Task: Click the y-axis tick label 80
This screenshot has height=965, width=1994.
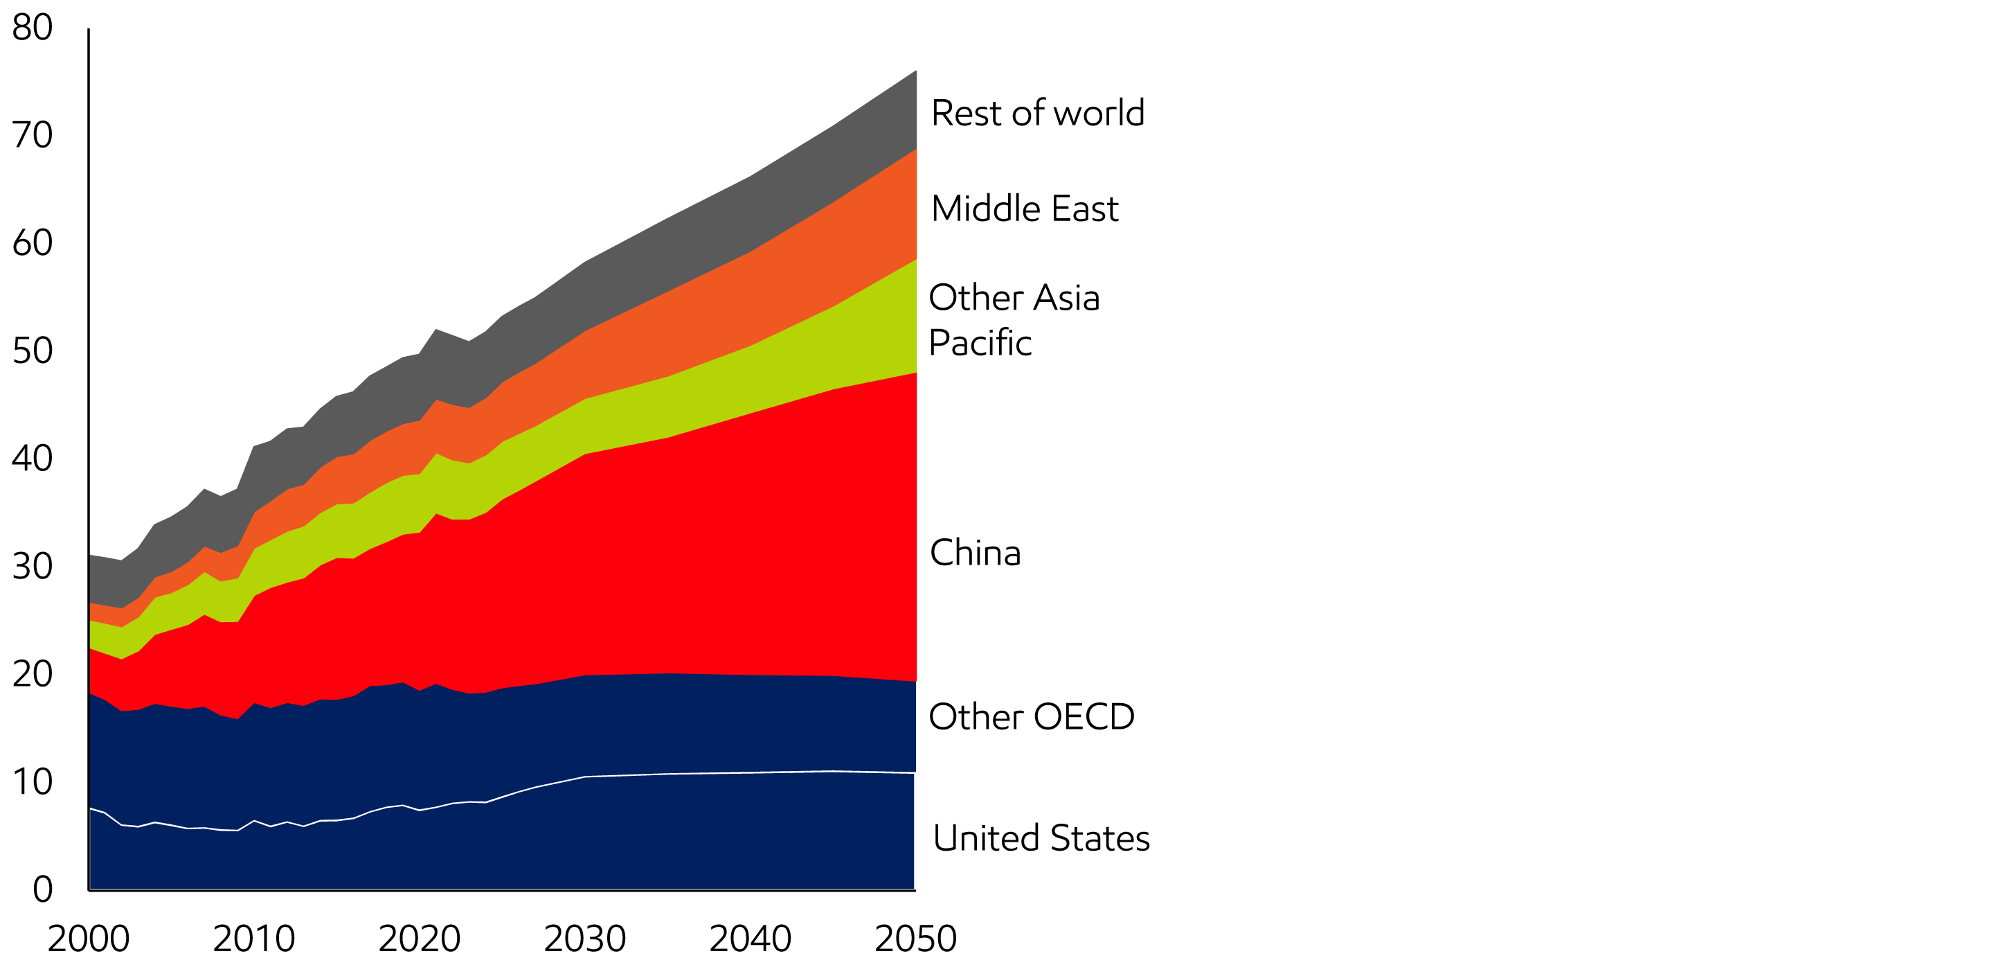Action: coord(33,28)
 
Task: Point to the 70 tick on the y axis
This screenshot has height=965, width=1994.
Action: coord(33,136)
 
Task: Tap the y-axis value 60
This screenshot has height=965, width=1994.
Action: coord(33,243)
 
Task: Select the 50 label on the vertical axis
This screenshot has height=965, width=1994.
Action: coord(33,351)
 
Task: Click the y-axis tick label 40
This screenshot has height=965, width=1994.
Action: coord(33,459)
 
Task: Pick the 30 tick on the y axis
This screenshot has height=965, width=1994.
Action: coord(33,566)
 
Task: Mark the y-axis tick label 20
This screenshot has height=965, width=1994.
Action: coord(33,674)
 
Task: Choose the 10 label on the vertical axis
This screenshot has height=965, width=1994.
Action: coord(33,781)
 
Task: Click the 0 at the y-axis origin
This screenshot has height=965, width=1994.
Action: coord(42,889)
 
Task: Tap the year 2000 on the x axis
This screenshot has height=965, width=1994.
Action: coord(88,939)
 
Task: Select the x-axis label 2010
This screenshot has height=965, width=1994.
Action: coord(254,939)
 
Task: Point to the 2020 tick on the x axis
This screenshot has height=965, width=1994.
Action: coord(420,939)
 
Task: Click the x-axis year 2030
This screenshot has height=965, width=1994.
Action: coord(584,939)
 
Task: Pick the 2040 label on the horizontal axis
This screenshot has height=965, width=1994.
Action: coord(750,939)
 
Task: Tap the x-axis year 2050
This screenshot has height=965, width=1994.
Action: coord(916,939)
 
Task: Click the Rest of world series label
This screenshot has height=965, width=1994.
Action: coord(1037,113)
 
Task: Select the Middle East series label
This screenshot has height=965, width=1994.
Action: coord(1025,209)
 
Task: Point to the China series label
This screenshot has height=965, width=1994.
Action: coord(976,553)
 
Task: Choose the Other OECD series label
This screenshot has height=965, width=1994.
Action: coord(1031,716)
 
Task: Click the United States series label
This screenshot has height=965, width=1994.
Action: coord(1041,838)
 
